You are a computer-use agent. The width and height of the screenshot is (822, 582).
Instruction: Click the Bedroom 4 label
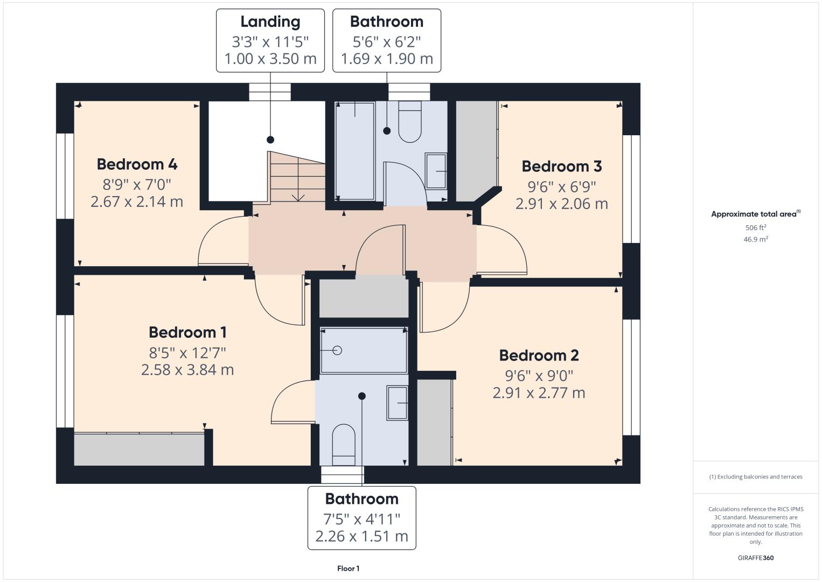[x=137, y=164]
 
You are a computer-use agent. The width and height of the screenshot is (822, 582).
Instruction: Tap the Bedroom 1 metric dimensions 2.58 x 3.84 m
[x=187, y=370]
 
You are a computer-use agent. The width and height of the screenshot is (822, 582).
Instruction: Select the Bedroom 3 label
[x=561, y=167]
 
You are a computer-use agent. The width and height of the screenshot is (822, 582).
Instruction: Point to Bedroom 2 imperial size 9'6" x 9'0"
[x=539, y=376]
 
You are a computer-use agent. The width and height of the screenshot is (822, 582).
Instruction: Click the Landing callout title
[x=270, y=22]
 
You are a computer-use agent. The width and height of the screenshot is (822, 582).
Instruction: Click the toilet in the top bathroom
[x=409, y=122]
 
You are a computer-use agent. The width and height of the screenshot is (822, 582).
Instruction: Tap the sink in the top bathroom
[x=436, y=171]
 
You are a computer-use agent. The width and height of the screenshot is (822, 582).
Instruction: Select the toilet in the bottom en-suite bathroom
[x=344, y=445]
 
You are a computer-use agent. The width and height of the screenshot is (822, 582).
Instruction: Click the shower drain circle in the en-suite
[x=337, y=351]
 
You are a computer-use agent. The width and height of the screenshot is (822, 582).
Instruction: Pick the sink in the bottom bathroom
[x=398, y=403]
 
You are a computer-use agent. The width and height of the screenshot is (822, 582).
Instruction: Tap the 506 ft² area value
[x=756, y=227]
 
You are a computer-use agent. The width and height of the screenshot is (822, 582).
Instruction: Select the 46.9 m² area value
[x=756, y=239]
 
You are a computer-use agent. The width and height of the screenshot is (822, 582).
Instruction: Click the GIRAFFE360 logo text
[x=756, y=558]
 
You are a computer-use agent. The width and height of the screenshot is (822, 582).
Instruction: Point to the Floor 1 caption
[x=349, y=569]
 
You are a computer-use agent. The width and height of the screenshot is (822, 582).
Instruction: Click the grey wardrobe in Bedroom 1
[x=139, y=449]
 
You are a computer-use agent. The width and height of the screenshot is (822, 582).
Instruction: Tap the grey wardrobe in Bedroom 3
[x=476, y=151]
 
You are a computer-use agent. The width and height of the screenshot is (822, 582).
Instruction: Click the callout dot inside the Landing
[x=270, y=140]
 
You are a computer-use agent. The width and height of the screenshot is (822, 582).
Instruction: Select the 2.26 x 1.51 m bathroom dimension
[x=361, y=537]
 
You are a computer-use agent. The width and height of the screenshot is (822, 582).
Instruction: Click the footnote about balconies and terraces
[x=756, y=476]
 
